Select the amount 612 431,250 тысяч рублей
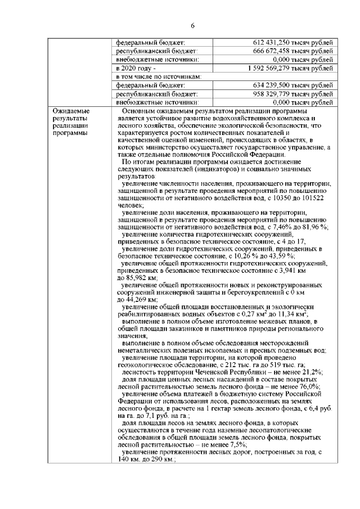293,43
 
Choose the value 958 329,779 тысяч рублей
293,94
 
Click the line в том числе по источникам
159,76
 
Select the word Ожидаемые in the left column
69,111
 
